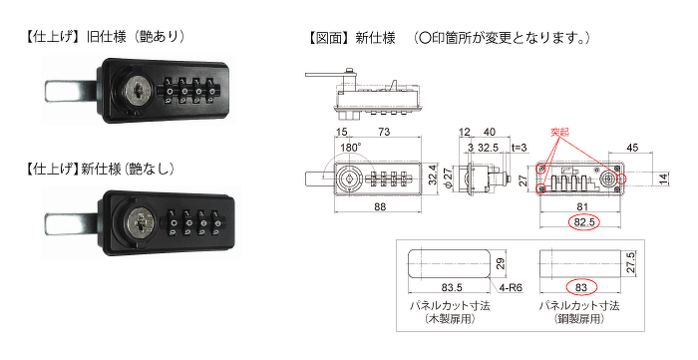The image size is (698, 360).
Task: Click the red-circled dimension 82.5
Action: click(584, 222)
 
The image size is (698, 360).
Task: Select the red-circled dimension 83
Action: click(581, 288)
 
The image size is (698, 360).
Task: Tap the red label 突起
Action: click(559, 133)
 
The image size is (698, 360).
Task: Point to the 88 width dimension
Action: click(380, 206)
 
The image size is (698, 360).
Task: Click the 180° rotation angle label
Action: click(351, 148)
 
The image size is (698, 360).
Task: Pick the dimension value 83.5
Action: click(452, 288)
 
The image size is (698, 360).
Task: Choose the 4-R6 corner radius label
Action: click(511, 288)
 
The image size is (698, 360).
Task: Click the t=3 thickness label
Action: click(520, 148)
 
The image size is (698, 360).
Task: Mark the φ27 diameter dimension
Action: click(449, 179)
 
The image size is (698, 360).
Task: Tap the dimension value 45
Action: click(632, 148)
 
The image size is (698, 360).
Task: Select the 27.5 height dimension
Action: click(631, 262)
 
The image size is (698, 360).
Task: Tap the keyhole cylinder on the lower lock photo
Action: click(140, 221)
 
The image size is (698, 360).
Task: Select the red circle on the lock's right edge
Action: click(621, 179)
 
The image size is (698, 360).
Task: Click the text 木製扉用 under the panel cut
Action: click(450, 319)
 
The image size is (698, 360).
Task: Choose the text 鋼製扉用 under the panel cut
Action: click(579, 319)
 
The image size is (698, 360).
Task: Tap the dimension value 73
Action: click(384, 132)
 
